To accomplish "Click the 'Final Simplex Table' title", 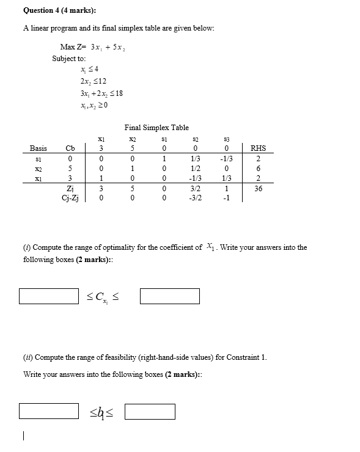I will pyautogui.click(x=156, y=128).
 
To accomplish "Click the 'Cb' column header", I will pyautogui.click(x=70, y=148).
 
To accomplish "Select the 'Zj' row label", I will pyautogui.click(x=70, y=189).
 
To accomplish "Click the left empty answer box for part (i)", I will pyautogui.click(x=48, y=296).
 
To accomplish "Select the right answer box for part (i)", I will pyautogui.click(x=170, y=296).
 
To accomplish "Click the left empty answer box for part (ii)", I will pyautogui.click(x=48, y=411).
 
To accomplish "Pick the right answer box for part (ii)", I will pyautogui.click(x=150, y=411).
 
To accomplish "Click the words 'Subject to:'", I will pyautogui.click(x=68, y=59).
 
